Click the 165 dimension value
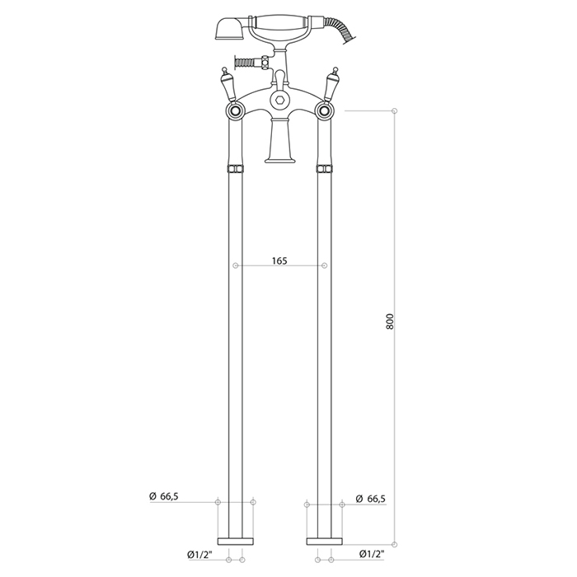(279, 261)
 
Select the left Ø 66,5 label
(164, 496)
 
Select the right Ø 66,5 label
(371, 499)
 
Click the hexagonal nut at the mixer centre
(279, 99)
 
